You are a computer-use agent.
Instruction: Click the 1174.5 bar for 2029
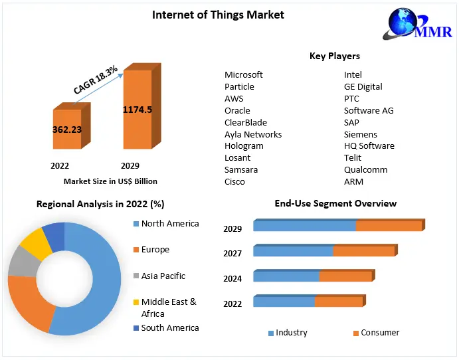(137, 109)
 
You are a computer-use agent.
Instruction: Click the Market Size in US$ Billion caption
(110, 181)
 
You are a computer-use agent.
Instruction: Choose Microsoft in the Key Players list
(244, 74)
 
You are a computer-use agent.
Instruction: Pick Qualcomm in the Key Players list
(365, 169)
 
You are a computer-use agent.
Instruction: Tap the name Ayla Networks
(253, 134)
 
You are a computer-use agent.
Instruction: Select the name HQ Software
(369, 145)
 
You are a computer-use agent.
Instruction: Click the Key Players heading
(335, 56)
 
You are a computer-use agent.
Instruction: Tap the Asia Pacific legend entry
(163, 276)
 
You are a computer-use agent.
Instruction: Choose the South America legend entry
(169, 327)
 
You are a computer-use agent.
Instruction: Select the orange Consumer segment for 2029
(389, 226)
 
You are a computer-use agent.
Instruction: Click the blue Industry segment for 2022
(284, 302)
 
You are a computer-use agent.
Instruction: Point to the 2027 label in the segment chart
(232, 253)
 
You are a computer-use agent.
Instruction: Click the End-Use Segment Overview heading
(335, 203)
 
